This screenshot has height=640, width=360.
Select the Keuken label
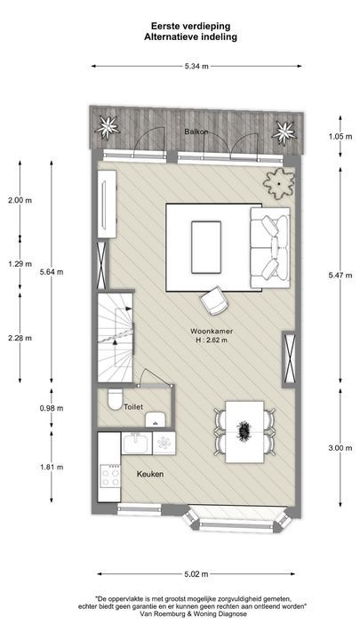[149, 475]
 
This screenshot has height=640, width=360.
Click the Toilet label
[133, 406]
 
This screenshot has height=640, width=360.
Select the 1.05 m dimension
[335, 136]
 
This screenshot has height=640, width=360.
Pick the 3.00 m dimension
[335, 448]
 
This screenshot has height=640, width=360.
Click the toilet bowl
[114, 402]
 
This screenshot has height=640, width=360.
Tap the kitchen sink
[137, 441]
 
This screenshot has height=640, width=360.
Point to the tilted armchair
[215, 300]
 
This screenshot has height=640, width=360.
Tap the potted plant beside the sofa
[277, 182]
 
